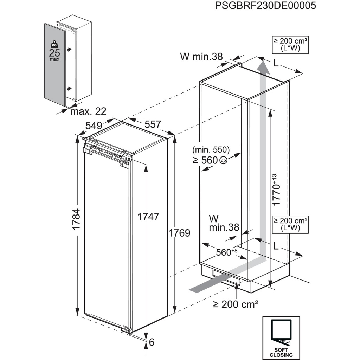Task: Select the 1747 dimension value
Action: [x=148, y=217]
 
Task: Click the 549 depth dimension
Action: [x=94, y=125]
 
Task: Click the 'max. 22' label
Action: [x=88, y=111]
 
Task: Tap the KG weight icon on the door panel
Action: [x=54, y=45]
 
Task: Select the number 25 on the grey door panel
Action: [x=54, y=53]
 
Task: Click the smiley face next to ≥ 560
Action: [x=223, y=160]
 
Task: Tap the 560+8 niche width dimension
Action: [x=227, y=252]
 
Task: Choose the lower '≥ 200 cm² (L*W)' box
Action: [x=290, y=224]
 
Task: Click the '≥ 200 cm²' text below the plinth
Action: [x=236, y=304]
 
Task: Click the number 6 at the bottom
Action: [x=152, y=341]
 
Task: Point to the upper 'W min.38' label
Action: [x=201, y=56]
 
